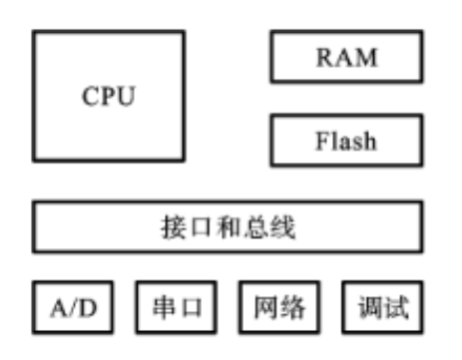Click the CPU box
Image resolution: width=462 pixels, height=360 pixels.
pyautogui.click(x=108, y=97)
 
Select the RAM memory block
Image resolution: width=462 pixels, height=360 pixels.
pyautogui.click(x=346, y=57)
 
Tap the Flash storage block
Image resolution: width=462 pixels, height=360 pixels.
pyautogui.click(x=346, y=140)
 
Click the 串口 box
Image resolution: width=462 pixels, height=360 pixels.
pyautogui.click(x=177, y=308)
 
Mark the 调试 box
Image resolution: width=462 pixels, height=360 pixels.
pyautogui.click(x=383, y=308)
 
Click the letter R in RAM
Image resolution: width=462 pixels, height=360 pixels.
pyautogui.click(x=325, y=58)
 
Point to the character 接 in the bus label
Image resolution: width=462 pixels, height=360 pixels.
pyautogui.click(x=172, y=228)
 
